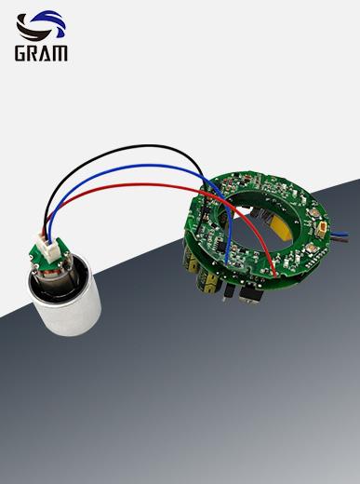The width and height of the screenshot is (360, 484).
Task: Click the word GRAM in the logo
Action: click(41, 53)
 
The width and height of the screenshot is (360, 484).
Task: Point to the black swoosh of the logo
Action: click(33, 29)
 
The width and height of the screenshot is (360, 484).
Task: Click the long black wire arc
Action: click(124, 150)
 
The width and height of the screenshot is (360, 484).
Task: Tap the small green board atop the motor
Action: click(49, 252)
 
